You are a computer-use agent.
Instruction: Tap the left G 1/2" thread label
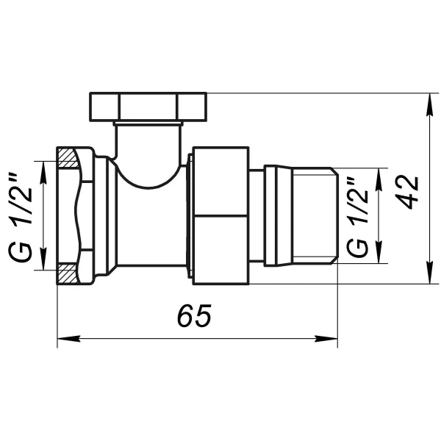[x=21, y=213]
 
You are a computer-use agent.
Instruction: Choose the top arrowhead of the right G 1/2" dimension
[x=379, y=174]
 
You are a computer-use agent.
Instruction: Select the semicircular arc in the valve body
[x=146, y=176]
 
